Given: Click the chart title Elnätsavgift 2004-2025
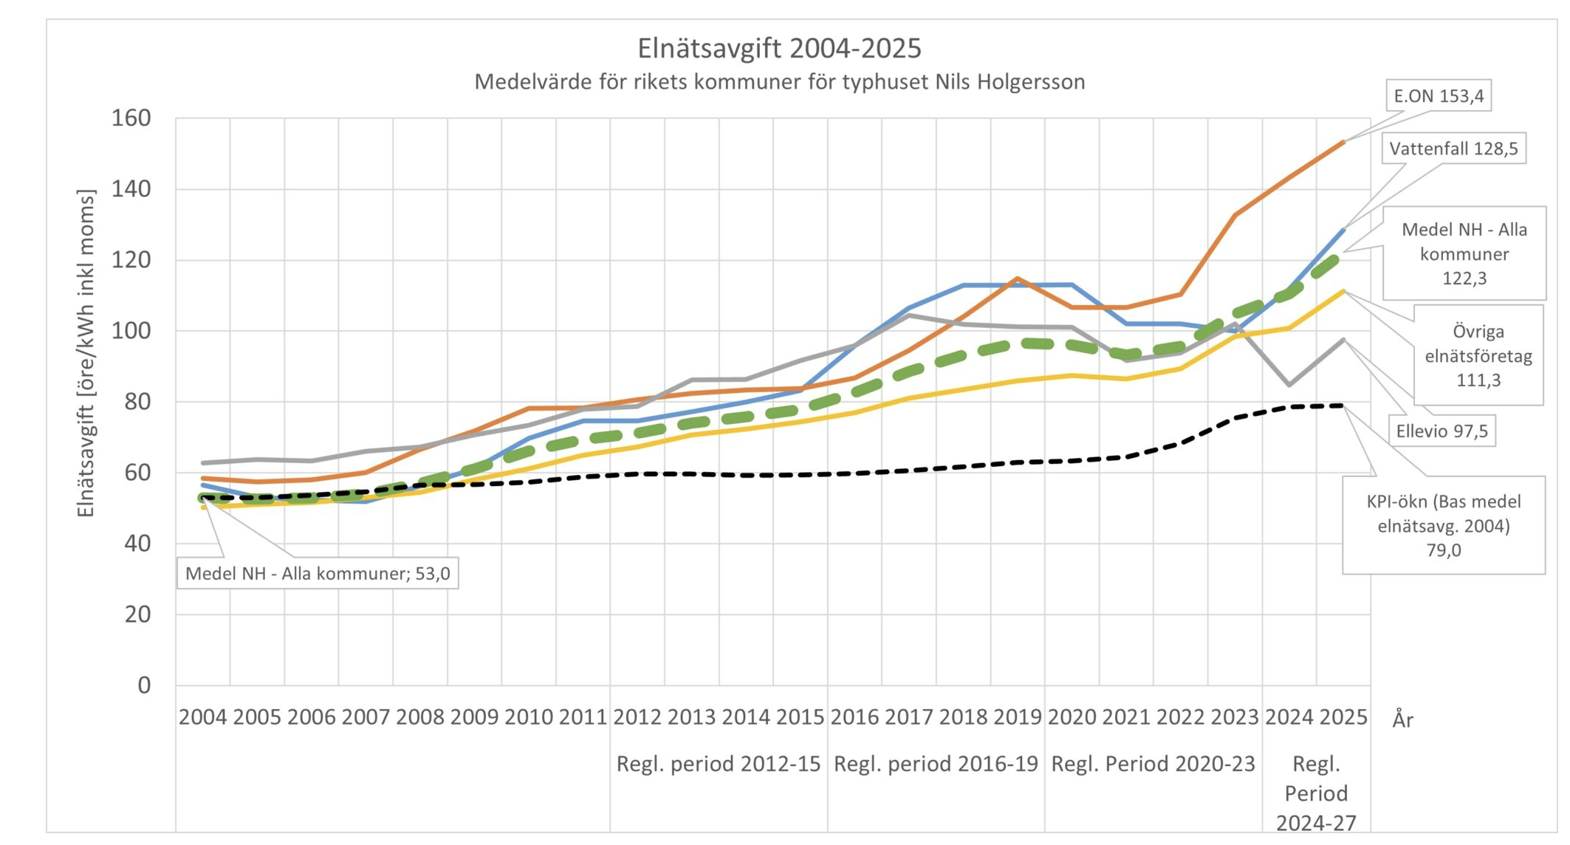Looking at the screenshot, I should click(779, 49).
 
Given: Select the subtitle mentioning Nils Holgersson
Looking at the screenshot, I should click(779, 82).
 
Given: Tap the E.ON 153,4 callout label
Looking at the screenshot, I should click(1438, 96).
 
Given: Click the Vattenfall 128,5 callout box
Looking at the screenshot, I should click(1453, 149).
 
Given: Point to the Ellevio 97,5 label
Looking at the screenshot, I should click(1442, 431).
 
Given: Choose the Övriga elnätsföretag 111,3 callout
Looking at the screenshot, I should click(1478, 355).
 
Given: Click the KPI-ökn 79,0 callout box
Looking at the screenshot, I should click(1443, 525).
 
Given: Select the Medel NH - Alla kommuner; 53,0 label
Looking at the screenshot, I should click(318, 574).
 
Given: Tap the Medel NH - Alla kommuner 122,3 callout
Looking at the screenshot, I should click(1464, 253).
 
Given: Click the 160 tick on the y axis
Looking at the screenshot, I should click(131, 118).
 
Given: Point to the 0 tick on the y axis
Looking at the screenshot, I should click(144, 685).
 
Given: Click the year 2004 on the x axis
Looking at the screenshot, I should click(203, 717).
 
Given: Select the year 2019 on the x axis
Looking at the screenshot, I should click(1018, 717).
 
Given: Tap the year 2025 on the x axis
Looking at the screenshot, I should click(1343, 717).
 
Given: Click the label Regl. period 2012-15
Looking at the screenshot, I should click(719, 764).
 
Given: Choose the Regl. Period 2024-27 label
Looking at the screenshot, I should click(1316, 793).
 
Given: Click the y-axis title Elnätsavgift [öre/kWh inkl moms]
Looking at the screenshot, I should click(86, 354).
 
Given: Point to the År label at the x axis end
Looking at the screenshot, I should click(1402, 719).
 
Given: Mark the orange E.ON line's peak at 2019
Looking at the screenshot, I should click(1018, 278).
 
